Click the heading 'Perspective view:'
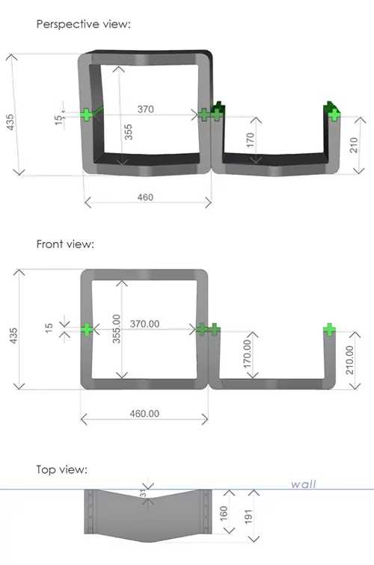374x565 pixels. pos(83,24)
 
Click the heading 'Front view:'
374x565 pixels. pos(65,244)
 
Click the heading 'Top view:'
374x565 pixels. pos(61,469)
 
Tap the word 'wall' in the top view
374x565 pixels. pos(304,484)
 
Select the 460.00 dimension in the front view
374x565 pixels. pos(144,413)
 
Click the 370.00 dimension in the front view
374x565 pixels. pos(144,324)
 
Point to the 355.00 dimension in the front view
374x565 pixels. pos(117,329)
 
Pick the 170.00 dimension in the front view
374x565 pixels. pos(247,353)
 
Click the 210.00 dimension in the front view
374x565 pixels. pos(349,360)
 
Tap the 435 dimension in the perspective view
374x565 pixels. pos(10,122)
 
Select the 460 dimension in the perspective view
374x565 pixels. pos(145,197)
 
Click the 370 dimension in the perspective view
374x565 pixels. pos(146,109)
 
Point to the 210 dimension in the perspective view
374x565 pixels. pos(354,145)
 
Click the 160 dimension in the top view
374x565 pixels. pos(224,513)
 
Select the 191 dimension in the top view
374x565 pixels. pos(248,516)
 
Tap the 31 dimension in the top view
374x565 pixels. pos(143,493)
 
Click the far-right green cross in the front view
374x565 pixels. pos(329,330)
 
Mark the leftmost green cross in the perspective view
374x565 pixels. pos(86,115)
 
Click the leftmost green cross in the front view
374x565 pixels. pos(87,330)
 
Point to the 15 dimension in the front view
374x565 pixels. pos(49,327)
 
